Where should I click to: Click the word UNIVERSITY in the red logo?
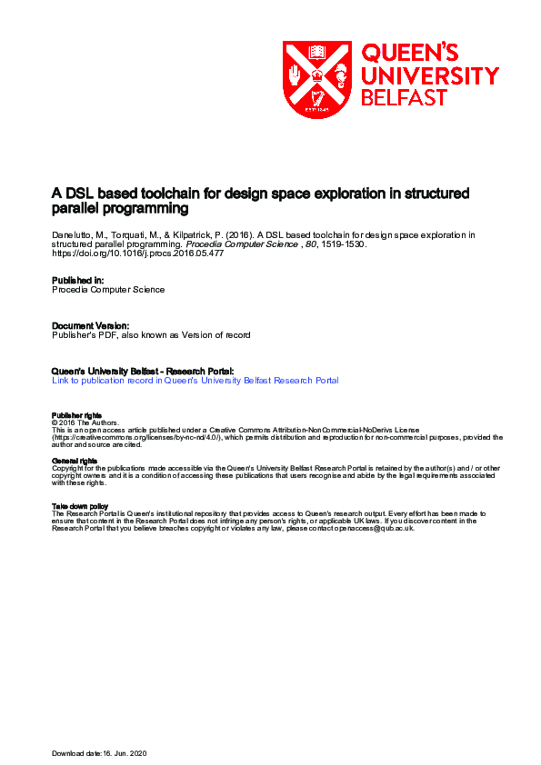point(430,75)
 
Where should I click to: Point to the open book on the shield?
point(317,52)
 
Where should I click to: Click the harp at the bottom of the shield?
point(317,98)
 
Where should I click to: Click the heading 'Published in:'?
point(78,280)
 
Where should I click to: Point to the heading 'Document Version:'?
point(91,324)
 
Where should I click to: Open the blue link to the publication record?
point(195,381)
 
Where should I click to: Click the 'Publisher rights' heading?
point(77,415)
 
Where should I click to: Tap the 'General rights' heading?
point(75,461)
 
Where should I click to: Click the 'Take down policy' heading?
point(81,506)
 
